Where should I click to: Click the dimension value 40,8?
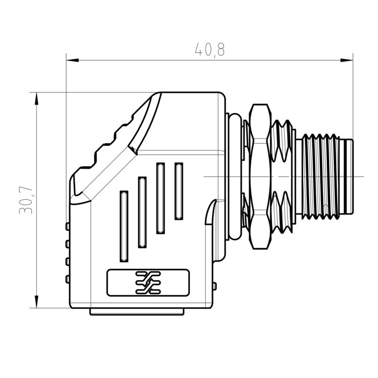pyautogui.click(x=210, y=50)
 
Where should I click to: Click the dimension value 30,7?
pyautogui.click(x=26, y=200)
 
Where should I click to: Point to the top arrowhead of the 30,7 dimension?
pyautogui.click(x=36, y=97)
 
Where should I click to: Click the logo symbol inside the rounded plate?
pyautogui.click(x=148, y=283)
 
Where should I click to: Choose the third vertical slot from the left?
pyautogui.click(x=161, y=198)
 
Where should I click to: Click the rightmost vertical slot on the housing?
pyautogui.click(x=179, y=190)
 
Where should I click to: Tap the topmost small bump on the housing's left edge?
pyautogui.click(x=68, y=227)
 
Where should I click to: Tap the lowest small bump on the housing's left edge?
pyautogui.click(x=68, y=279)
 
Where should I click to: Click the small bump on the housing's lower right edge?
pyautogui.click(x=215, y=286)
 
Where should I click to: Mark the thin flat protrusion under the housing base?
pyautogui.click(x=137, y=311)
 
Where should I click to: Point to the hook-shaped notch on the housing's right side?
pyautogui.click(x=211, y=210)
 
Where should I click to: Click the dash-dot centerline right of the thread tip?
pyautogui.click(x=359, y=176)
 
